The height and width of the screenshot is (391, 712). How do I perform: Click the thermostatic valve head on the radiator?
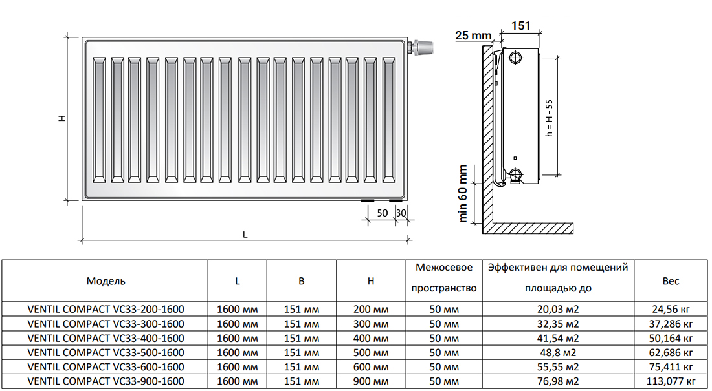[x=424, y=48]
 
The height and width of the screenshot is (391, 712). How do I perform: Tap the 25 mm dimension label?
[x=473, y=36]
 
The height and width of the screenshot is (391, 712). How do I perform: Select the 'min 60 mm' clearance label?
[x=463, y=193]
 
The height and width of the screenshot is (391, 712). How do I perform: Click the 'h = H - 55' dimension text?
[x=550, y=118]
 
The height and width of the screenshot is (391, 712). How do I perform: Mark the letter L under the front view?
[x=245, y=235]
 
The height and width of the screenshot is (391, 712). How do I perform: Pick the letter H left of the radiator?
[x=61, y=118]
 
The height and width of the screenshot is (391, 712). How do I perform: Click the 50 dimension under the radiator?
[x=382, y=213]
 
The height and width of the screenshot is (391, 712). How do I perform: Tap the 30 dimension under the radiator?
[x=401, y=213]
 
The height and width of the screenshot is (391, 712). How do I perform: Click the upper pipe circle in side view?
[x=515, y=57]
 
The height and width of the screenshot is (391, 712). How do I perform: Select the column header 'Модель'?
[x=106, y=281]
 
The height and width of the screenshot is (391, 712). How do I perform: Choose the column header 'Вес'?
[x=671, y=281]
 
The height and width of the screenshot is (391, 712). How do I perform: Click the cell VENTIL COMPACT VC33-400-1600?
[x=106, y=338]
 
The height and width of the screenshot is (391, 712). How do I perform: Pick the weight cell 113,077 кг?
[x=671, y=381]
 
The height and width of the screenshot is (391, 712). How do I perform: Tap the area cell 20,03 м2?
[x=558, y=310]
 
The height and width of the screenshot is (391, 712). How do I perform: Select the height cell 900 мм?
[x=371, y=381]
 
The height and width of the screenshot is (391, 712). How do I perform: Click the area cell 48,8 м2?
[x=558, y=352]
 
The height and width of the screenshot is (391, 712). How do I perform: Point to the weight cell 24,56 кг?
[x=671, y=310]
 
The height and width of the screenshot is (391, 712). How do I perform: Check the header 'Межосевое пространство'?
[x=444, y=278]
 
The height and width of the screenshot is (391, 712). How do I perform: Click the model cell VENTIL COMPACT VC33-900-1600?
[x=106, y=381]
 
